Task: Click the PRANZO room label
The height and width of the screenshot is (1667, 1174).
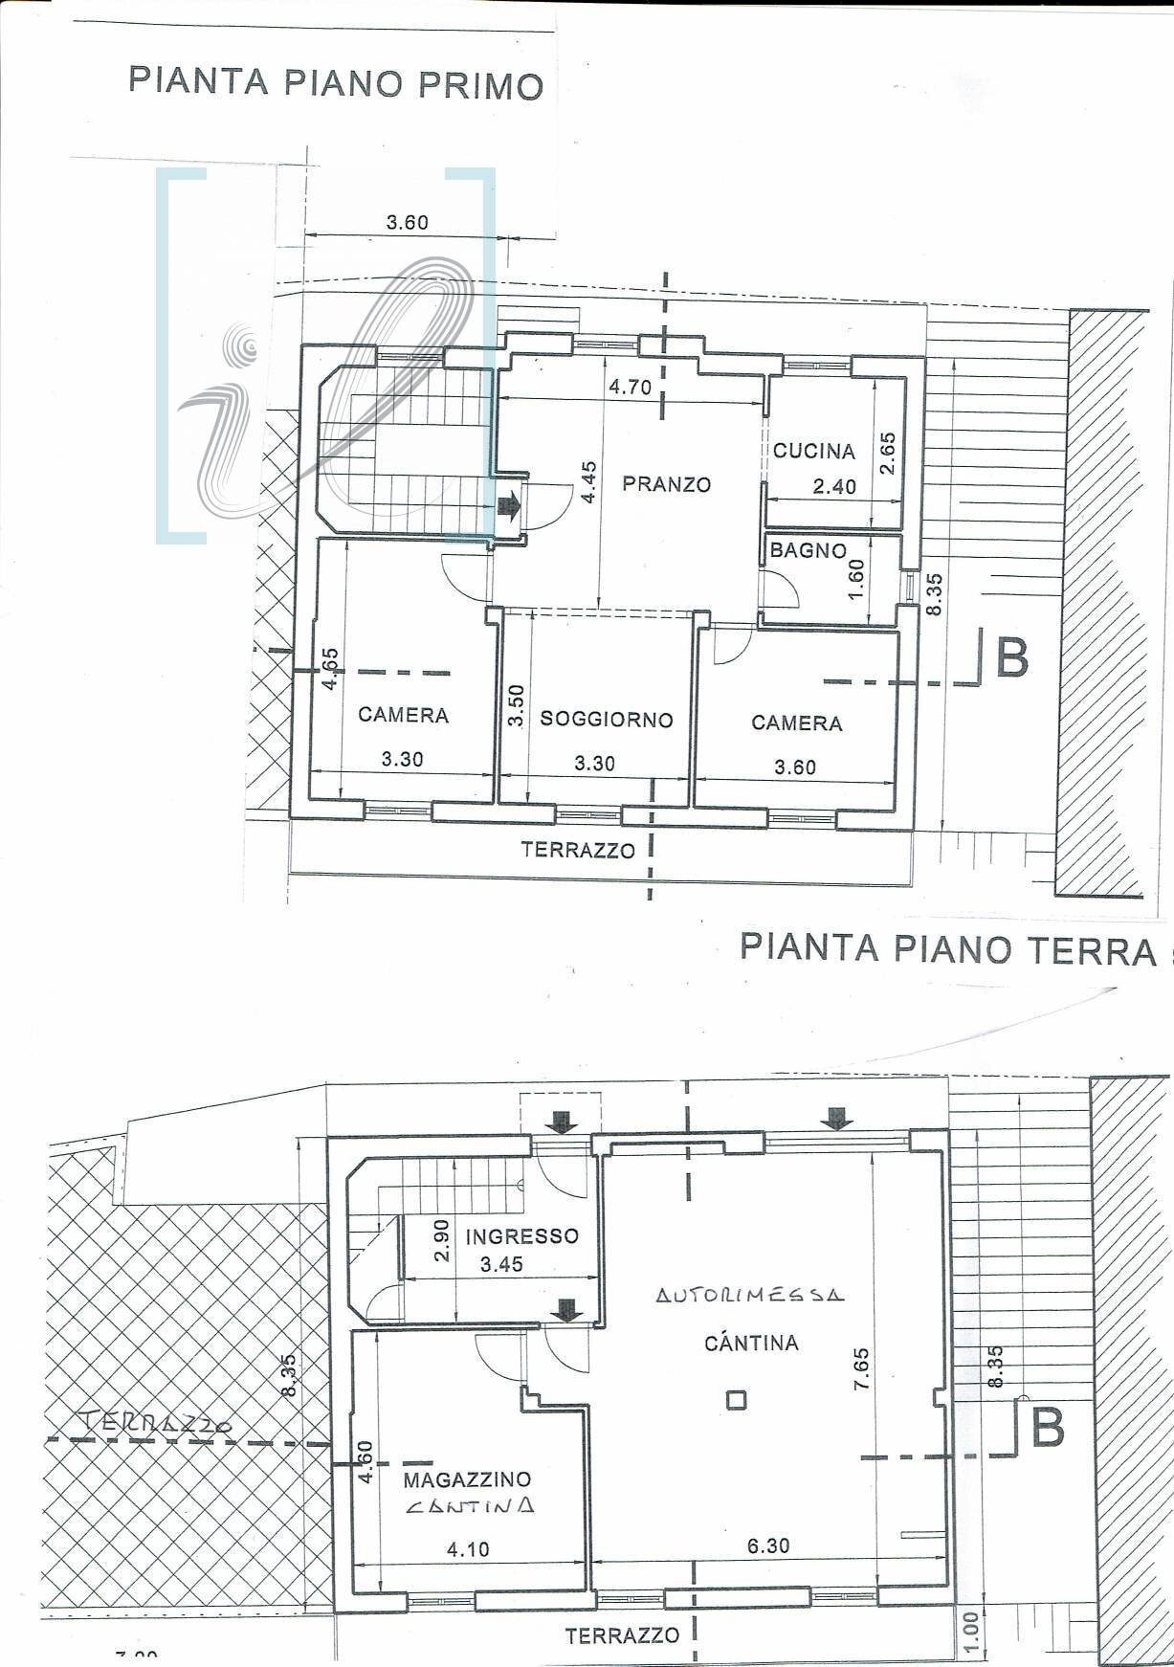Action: [667, 484]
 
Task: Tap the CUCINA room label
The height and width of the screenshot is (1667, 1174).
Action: [813, 451]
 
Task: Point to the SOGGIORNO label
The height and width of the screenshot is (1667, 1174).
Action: [607, 720]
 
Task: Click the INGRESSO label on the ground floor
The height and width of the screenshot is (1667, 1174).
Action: [521, 1235]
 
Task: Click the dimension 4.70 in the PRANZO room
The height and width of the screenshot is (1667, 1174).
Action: [630, 388]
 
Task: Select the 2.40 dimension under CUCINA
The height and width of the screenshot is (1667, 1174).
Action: [833, 487]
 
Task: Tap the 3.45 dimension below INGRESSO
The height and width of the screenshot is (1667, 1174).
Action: [501, 1264]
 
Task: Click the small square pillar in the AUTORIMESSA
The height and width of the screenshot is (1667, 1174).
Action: [735, 1400]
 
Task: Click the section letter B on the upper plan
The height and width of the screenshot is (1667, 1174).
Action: [1011, 658]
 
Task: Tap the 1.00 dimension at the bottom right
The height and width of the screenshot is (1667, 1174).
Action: [969, 1624]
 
